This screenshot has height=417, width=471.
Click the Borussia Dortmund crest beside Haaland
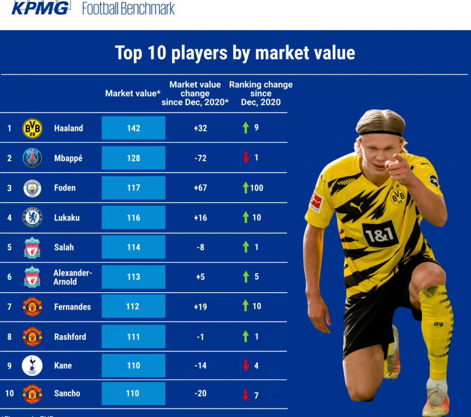pos(32,128)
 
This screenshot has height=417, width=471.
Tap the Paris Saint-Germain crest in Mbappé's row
pos(32,158)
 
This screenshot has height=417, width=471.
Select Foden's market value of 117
pos(133,188)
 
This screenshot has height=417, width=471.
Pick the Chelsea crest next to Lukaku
pos(32,218)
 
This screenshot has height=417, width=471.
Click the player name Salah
pos(64,247)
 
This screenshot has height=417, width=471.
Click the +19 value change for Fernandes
pos(200,306)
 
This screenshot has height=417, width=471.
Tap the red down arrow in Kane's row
pos(246,365)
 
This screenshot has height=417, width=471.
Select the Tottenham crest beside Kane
pos(32,365)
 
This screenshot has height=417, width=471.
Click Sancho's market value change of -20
pos(200,394)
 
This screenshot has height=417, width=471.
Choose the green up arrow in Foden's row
pos(246,188)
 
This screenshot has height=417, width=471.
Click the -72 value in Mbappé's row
pos(200,158)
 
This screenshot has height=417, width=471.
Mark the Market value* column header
pos(133,93)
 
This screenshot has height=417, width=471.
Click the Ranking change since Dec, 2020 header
pos(261,93)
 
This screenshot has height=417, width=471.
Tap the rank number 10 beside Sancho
pos(9,394)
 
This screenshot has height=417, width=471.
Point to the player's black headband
pos(381,132)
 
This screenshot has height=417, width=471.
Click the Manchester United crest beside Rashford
pos(32,337)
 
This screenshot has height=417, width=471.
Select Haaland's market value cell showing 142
pos(133,128)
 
